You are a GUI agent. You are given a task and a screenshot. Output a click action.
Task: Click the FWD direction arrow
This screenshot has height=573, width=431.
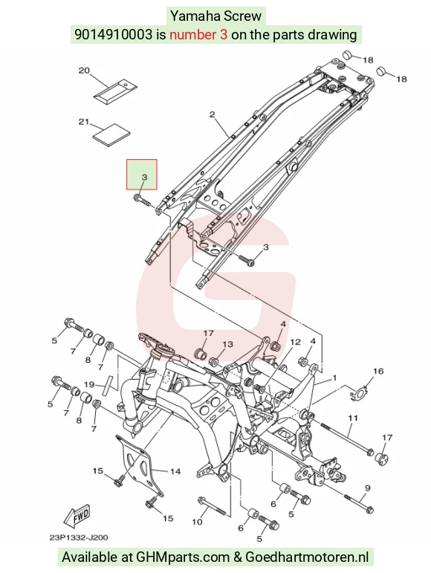77,517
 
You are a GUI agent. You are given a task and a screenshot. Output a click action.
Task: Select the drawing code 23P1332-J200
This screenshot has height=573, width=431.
79,537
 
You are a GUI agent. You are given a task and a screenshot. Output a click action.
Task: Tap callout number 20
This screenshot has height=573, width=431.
85,70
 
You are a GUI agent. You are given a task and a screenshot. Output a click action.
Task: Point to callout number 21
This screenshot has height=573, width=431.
85,121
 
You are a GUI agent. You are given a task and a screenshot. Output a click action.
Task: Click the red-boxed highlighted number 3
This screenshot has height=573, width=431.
144,177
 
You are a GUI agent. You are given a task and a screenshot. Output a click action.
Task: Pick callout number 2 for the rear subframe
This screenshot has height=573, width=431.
213,114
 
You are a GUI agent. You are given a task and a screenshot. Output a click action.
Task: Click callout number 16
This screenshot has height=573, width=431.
378,372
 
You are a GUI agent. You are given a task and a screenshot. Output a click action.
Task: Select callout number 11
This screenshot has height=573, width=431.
352,418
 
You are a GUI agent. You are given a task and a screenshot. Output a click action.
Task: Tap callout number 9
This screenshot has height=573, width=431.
367,488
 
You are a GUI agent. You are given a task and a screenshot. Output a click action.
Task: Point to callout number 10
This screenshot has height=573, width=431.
197,522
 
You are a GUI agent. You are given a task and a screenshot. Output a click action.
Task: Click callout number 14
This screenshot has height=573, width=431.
175,471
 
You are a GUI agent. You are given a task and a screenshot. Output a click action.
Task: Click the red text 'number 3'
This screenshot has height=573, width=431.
198,34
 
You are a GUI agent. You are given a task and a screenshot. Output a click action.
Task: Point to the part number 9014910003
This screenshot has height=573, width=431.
113,34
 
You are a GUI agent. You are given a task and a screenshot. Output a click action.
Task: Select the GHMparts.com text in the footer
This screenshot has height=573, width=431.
183,557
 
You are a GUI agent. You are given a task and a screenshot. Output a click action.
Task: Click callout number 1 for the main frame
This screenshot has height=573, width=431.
334,378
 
